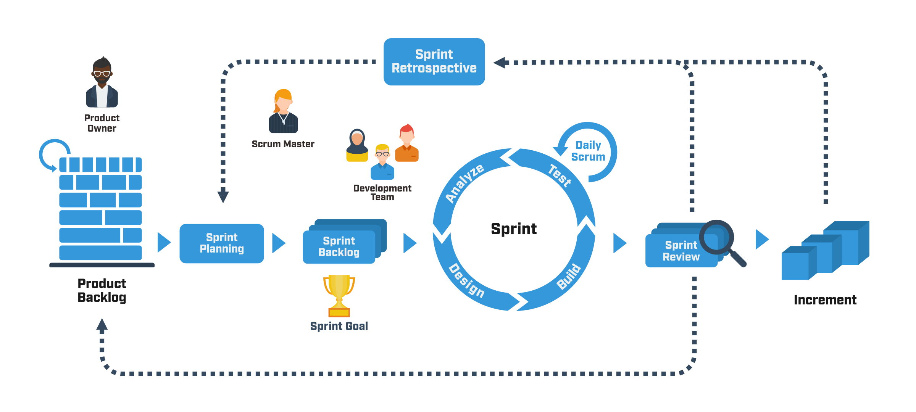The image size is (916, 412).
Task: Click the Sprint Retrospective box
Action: pos(434,61)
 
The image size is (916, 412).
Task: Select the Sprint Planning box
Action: pos(222,243)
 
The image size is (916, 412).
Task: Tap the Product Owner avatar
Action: pos(102,83)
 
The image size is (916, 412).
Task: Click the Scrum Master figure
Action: pos(283,111)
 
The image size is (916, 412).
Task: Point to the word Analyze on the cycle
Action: pos(464,183)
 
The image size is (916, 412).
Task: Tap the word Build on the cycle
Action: pos(569,277)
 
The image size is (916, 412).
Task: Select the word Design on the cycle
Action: pos(466,280)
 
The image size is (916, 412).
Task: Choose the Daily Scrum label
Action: pos(588,151)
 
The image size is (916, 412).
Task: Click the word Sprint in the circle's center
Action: pos(514,229)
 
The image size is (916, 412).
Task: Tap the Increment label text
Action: pos(825,300)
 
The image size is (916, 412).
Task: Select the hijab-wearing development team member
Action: pos(357,145)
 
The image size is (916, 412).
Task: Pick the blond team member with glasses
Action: pos(382,162)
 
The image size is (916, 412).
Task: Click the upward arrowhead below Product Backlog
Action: pos(102,325)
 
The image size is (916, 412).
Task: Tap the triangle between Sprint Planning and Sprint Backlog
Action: pos(278,243)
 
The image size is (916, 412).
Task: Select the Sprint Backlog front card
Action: pos(339,247)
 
